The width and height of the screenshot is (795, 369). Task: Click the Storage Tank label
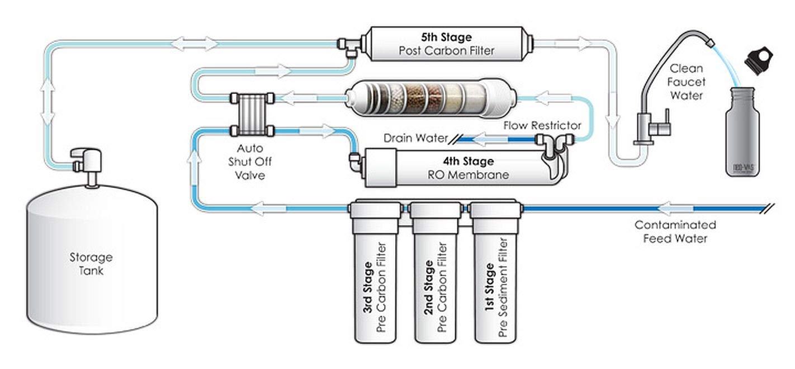click(91, 264)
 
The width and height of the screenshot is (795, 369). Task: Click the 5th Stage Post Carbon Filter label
click(446, 44)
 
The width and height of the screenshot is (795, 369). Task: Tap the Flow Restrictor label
click(542, 125)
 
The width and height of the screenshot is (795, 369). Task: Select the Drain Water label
click(415, 138)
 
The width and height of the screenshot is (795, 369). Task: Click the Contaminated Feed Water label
click(675, 231)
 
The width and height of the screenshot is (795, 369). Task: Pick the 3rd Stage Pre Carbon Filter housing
click(375, 280)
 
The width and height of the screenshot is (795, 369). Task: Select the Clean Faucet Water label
click(687, 82)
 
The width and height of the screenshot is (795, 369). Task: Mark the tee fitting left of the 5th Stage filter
click(349, 45)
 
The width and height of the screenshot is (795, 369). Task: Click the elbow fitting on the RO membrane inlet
click(354, 162)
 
